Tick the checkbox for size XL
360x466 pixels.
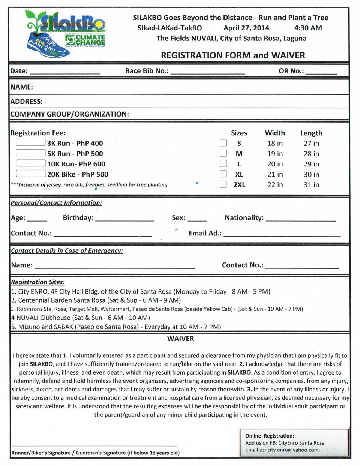click(x=223, y=174)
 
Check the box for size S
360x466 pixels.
click(x=223, y=143)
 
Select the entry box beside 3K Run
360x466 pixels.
click(x=31, y=142)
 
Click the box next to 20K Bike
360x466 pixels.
click(x=31, y=174)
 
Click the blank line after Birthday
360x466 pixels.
click(x=125, y=219)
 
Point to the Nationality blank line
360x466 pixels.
click(x=300, y=219)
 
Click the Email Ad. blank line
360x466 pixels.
click(x=282, y=234)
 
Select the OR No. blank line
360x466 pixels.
click(x=321, y=72)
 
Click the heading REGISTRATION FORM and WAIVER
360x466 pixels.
click(x=233, y=55)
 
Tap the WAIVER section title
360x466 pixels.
click(x=180, y=339)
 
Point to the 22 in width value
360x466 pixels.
click(x=275, y=184)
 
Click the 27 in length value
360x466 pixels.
click(x=311, y=143)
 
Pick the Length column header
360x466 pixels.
click(x=311, y=133)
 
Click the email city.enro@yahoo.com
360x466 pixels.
click(x=293, y=450)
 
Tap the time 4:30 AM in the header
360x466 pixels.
click(x=308, y=28)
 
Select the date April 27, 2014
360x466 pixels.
click(x=246, y=28)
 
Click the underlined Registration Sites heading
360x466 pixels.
click(x=38, y=282)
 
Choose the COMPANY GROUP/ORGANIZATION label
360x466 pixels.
click(x=70, y=114)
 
